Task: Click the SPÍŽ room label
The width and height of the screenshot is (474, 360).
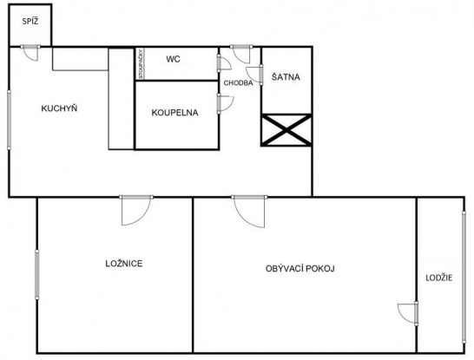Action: click(30, 22)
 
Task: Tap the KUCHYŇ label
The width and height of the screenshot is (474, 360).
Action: click(59, 108)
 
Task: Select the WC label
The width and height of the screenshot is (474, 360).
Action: click(174, 59)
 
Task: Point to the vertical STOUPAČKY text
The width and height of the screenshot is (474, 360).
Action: click(141, 63)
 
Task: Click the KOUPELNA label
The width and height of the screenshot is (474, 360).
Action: click(174, 113)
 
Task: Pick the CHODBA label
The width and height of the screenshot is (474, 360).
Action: click(238, 82)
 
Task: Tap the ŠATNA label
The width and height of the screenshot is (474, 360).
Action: click(286, 77)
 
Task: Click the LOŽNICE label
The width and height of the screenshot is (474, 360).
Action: click(124, 264)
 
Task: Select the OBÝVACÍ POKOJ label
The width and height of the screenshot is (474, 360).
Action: click(300, 269)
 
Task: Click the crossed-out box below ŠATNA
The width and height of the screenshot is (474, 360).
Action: click(286, 130)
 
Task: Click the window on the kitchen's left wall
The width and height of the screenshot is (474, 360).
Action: click(9, 120)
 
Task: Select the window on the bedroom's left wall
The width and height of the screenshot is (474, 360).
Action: click(36, 274)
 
